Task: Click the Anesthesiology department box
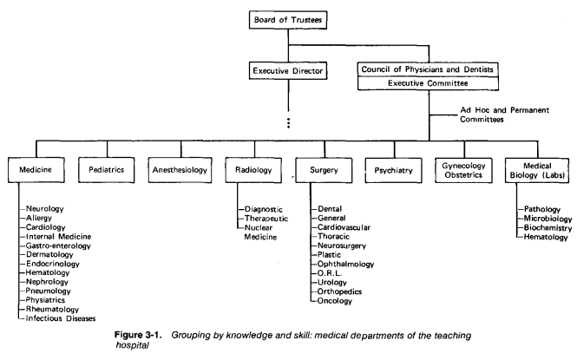tap(179, 170)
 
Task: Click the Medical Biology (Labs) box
tap(538, 170)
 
